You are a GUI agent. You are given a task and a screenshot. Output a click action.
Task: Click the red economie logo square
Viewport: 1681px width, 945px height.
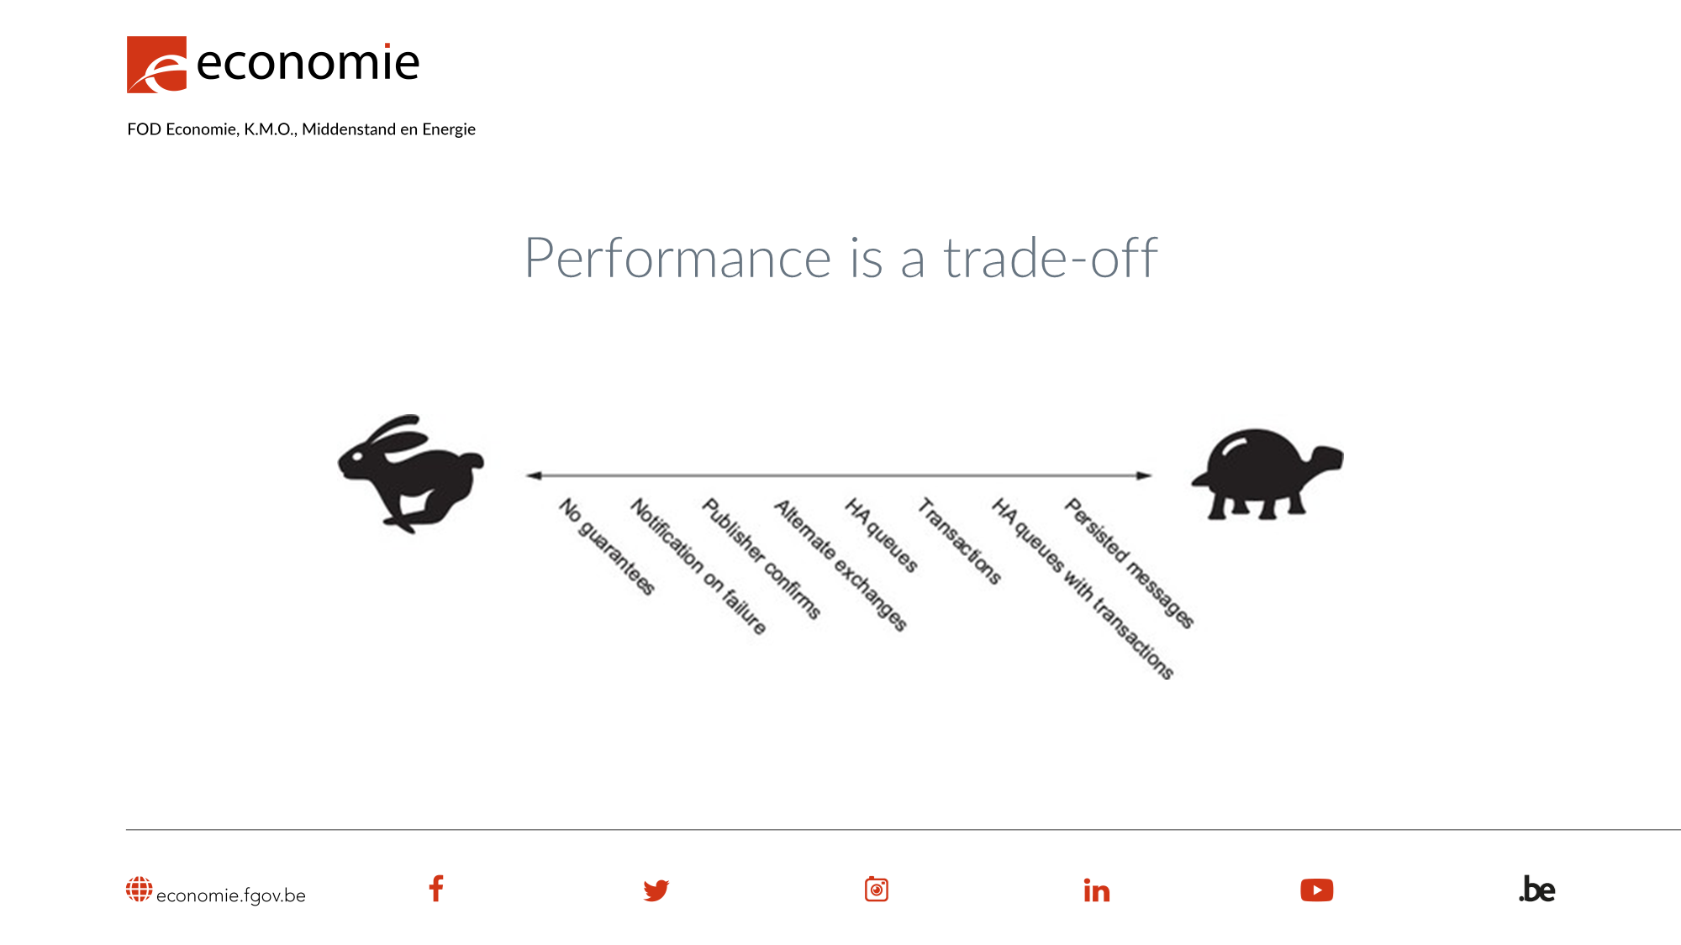(156, 64)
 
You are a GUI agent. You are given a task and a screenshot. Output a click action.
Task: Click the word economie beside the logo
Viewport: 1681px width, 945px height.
(307, 63)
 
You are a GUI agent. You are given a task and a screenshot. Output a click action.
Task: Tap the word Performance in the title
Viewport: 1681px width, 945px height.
(677, 258)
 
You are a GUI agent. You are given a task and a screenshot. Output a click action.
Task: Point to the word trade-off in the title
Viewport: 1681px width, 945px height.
(1051, 258)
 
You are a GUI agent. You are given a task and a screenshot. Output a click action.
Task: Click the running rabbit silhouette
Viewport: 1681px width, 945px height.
(411, 473)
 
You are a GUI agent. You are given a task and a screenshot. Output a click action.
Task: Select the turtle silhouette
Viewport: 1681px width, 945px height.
(1266, 473)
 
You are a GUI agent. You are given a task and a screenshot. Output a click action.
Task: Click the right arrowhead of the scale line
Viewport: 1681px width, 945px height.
(1144, 475)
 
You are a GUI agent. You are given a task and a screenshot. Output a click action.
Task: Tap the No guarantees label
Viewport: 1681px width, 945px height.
(606, 546)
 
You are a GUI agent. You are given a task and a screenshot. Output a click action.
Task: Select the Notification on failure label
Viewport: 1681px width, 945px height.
(698, 565)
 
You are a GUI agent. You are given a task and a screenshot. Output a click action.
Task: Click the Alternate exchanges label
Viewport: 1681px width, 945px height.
(840, 564)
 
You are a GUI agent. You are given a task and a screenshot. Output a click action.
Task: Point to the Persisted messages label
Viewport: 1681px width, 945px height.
(1129, 563)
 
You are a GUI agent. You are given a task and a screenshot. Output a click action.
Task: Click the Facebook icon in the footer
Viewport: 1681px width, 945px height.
(436, 889)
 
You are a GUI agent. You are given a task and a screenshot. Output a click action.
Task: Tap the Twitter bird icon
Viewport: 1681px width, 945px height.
(656, 890)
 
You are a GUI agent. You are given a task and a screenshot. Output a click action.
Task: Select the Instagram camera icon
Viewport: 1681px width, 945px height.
(876, 889)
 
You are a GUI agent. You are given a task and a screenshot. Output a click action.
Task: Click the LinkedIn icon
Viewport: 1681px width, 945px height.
(1097, 890)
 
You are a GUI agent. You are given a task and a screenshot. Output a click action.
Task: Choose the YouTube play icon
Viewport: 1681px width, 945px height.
(1316, 890)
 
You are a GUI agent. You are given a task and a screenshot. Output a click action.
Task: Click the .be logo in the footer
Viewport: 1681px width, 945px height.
(1537, 890)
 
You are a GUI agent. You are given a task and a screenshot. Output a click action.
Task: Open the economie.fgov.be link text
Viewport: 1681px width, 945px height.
(230, 895)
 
